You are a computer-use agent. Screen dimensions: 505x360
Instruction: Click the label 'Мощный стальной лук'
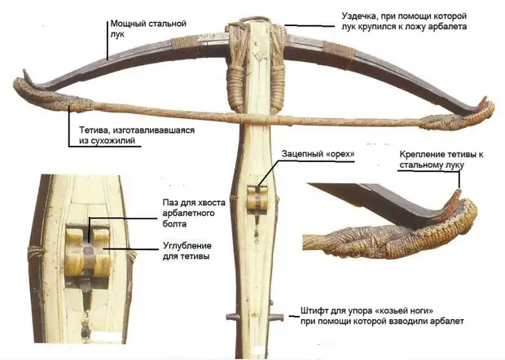tap(148, 29)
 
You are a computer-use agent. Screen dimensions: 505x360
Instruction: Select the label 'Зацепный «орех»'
tap(318, 154)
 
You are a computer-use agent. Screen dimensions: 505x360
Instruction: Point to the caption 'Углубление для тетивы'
tap(187, 251)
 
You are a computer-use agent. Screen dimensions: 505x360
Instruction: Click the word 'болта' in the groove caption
tap(174, 224)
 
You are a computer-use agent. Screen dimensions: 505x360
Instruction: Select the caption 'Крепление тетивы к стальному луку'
tap(441, 160)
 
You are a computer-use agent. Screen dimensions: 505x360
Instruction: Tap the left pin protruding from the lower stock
tap(233, 317)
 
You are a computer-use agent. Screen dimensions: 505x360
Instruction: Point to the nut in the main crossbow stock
tap(257, 199)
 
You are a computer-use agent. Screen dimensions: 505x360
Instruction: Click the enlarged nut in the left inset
tap(88, 251)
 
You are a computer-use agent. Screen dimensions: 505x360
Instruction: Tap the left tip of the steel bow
tap(24, 70)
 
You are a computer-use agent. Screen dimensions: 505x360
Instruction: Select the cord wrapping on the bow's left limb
tap(185, 42)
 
